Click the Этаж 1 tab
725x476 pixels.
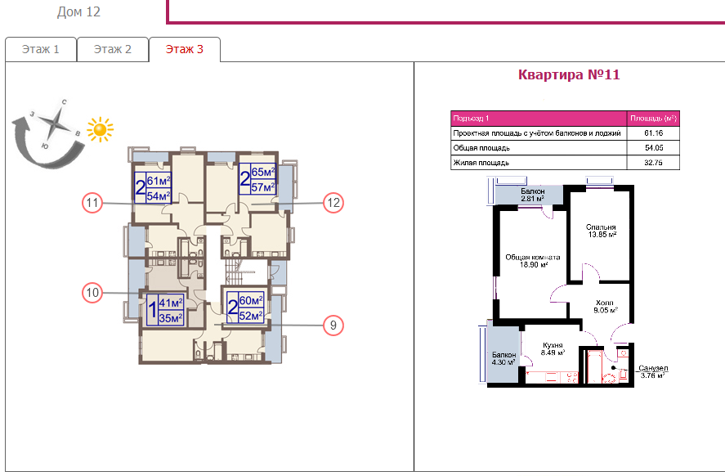41,49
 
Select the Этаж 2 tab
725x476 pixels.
112,49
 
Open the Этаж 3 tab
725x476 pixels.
185,49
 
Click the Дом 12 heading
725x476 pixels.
78,12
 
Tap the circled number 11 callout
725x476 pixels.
92,203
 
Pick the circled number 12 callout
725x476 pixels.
333,203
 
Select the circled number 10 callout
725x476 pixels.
92,292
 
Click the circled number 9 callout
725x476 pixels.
333,326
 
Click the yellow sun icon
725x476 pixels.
100,129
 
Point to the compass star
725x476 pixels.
56,123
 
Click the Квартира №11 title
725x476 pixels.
569,74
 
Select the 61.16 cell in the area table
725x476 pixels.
653,133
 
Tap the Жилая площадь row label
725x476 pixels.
481,163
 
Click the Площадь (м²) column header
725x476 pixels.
653,119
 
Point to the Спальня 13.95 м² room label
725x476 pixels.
601,231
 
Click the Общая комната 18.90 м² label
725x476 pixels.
533,261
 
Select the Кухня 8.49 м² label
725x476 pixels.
553,348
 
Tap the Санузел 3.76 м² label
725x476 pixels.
653,372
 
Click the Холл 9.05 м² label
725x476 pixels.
605,306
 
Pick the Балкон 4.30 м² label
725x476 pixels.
503,358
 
